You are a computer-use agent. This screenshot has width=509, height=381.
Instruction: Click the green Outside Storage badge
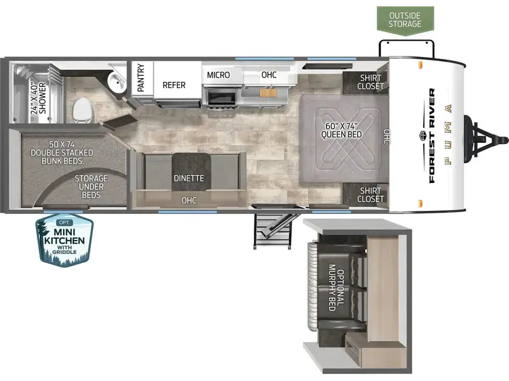(x=405, y=20)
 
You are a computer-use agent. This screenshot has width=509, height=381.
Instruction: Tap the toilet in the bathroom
(x=83, y=110)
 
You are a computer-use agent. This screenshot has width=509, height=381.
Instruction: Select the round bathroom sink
(x=117, y=82)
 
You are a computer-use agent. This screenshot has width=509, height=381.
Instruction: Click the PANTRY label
(x=141, y=77)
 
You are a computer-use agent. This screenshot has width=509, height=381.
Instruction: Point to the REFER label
(x=174, y=85)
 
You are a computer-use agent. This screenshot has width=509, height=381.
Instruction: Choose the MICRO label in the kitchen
(x=218, y=75)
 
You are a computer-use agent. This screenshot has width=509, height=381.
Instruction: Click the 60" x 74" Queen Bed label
(x=341, y=130)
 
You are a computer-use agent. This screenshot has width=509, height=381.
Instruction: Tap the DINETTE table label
(x=189, y=178)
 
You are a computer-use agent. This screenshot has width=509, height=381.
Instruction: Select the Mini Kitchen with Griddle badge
(x=65, y=240)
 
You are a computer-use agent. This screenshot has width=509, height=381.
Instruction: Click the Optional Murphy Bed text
(x=337, y=288)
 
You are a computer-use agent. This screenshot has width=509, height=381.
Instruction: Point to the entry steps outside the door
(x=272, y=231)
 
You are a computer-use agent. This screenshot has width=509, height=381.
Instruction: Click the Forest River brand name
(x=432, y=135)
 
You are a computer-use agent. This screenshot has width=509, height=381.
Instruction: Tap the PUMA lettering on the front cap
(x=449, y=135)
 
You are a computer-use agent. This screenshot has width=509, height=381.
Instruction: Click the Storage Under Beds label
(x=91, y=187)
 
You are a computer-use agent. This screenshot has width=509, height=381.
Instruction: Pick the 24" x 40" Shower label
(x=38, y=98)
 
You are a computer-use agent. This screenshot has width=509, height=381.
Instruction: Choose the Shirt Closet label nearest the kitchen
(x=370, y=82)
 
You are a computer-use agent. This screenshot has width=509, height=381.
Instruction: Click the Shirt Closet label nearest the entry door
(x=370, y=195)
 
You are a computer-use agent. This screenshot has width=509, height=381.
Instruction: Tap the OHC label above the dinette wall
(x=189, y=201)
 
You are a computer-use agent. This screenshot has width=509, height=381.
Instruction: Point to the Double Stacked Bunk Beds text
(x=62, y=152)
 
